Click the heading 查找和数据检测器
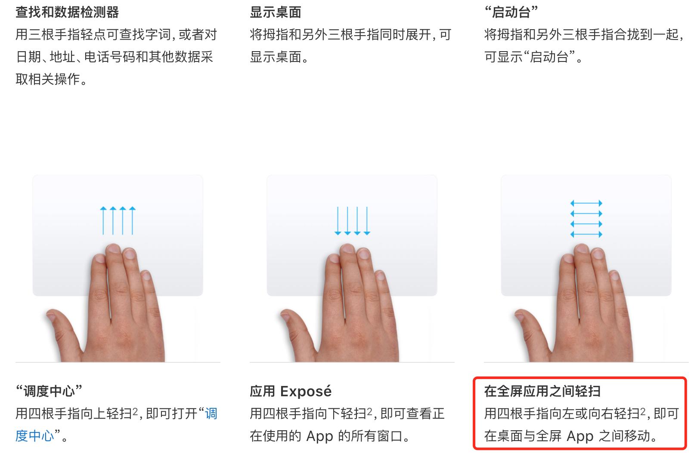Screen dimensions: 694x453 pyautogui.click(x=67, y=12)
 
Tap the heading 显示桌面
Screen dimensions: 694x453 pyautogui.click(x=276, y=12)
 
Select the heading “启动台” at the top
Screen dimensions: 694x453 pyautogui.click(x=511, y=12)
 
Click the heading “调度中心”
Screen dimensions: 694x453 pyautogui.click(x=49, y=391)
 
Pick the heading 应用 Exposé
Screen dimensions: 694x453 pyautogui.click(x=291, y=391)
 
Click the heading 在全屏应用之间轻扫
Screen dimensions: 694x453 pyautogui.click(x=542, y=391)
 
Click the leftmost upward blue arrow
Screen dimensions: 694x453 pyautogui.click(x=103, y=220)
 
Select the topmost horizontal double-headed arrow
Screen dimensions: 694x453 pyautogui.click(x=586, y=203)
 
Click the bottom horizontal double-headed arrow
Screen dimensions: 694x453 pyautogui.click(x=586, y=234)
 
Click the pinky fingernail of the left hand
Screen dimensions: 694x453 pyautogui.click(x=146, y=275)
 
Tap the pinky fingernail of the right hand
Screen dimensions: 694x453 pyautogui.click(x=614, y=275)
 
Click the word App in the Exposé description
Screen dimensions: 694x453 pyautogui.click(x=319, y=436)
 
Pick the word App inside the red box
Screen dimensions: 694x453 pyautogui.click(x=580, y=436)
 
